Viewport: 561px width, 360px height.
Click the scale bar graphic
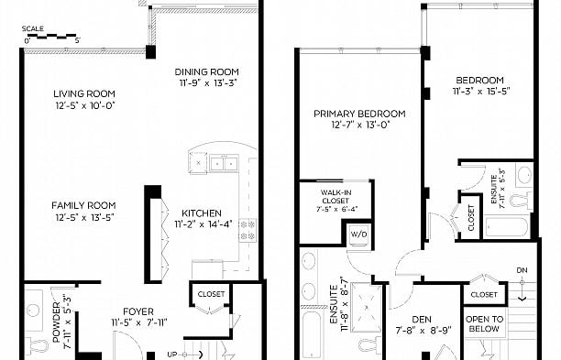tap(52, 36)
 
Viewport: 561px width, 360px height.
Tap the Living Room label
tap(84, 94)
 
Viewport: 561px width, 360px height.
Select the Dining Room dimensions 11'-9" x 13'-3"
tap(208, 83)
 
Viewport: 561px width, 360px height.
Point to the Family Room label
tap(83, 205)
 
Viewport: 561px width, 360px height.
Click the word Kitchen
tap(202, 213)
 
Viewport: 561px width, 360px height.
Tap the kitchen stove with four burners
tap(247, 230)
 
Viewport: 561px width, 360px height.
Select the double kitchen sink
tap(224, 163)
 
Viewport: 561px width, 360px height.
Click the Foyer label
tap(138, 311)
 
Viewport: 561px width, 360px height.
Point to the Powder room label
tap(57, 322)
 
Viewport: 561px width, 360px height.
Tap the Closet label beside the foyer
tap(211, 294)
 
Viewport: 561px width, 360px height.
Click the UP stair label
tap(172, 355)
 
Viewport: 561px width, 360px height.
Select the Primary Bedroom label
tap(359, 114)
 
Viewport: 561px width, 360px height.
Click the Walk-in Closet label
tap(335, 197)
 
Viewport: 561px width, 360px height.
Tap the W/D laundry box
tap(358, 235)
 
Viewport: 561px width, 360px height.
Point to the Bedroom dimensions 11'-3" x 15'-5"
tap(481, 92)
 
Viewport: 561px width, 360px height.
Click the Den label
tap(422, 320)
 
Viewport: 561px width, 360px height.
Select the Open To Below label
tap(484, 324)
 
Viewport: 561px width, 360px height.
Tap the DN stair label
tap(522, 270)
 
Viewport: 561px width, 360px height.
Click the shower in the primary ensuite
tap(366, 308)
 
